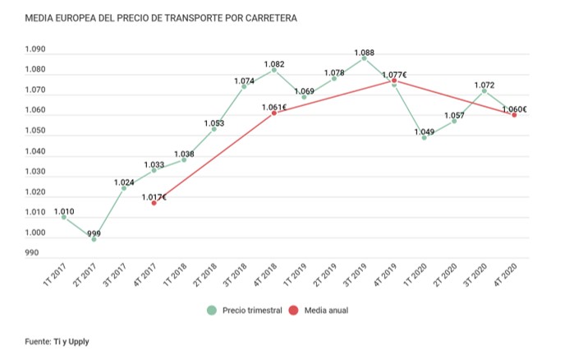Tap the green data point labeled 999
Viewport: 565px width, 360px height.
[x=94, y=239]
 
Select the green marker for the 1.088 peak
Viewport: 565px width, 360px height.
[x=364, y=58]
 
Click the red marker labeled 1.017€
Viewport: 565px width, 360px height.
[x=154, y=202]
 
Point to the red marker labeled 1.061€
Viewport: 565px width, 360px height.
[x=273, y=113]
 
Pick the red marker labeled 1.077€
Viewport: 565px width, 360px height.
[x=394, y=81]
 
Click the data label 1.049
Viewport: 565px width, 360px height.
[x=424, y=132]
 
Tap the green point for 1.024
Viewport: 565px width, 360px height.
[x=124, y=188]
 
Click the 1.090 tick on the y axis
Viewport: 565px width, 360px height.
[x=35, y=50]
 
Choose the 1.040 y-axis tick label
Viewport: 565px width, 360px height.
[x=35, y=152]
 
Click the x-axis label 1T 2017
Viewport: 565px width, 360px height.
[x=55, y=276]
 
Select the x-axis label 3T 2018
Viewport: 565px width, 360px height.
[x=236, y=276]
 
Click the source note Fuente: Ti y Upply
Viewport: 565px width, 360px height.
[x=57, y=341]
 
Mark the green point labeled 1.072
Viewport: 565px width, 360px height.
[x=484, y=90]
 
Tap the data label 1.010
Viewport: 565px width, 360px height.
[x=64, y=211]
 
